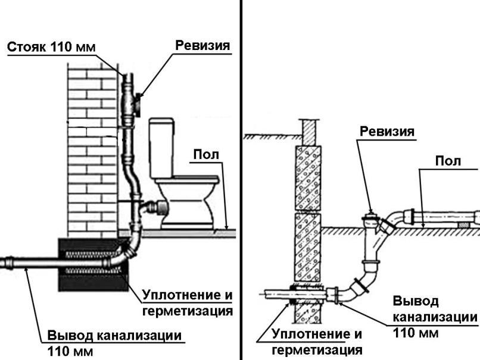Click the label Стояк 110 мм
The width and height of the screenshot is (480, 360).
[x=51, y=47]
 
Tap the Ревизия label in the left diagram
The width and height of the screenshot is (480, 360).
[x=202, y=46]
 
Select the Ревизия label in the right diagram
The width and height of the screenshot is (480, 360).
[x=387, y=132]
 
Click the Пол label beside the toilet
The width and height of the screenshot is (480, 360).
[x=206, y=155]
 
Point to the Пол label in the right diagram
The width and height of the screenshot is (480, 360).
[x=448, y=161]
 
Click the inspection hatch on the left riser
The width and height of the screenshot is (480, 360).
[x=138, y=105]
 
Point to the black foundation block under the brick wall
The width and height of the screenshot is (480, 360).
[x=93, y=265]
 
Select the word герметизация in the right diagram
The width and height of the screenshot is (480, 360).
[x=317, y=350]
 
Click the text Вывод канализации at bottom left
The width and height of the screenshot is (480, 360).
[x=114, y=336]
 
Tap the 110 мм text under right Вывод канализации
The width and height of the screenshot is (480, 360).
[x=416, y=333]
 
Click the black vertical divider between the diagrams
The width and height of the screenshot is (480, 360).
[x=241, y=180]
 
